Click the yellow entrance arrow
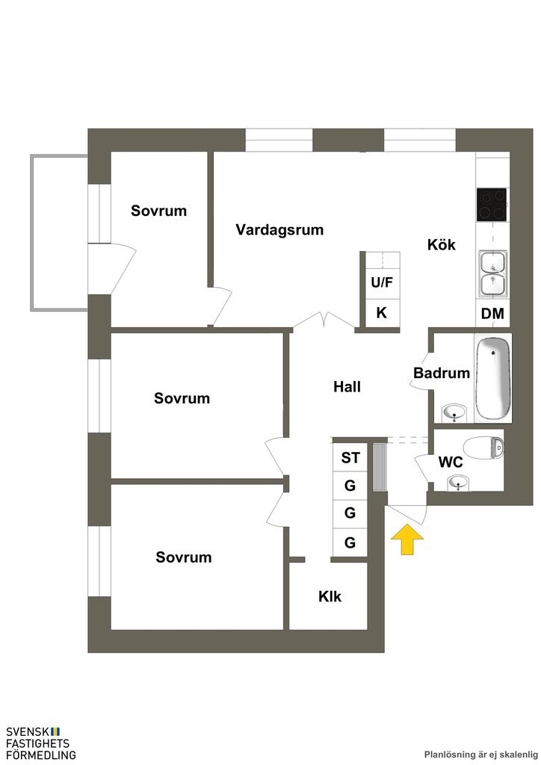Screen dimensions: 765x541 tap(406, 540)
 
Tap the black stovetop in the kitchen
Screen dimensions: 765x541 tap(492, 204)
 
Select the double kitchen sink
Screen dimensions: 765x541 tap(492, 273)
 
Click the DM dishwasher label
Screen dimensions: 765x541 tap(492, 314)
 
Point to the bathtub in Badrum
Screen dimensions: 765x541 tap(493, 378)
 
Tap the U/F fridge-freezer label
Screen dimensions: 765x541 tap(381, 282)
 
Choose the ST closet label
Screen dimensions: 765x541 tap(350, 458)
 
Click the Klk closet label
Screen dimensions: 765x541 tap(330, 597)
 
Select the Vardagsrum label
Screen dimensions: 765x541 tap(279, 230)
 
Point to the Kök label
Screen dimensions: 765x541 tap(441, 244)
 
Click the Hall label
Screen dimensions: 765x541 tap(347, 387)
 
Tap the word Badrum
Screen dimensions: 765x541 tap(441, 374)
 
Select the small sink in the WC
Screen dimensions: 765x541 tap(457, 485)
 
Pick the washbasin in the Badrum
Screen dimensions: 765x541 tap(454, 412)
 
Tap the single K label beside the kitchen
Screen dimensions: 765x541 tap(381, 313)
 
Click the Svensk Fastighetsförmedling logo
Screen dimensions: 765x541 tap(40, 743)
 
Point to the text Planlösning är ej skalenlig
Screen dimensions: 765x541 tap(480, 755)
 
